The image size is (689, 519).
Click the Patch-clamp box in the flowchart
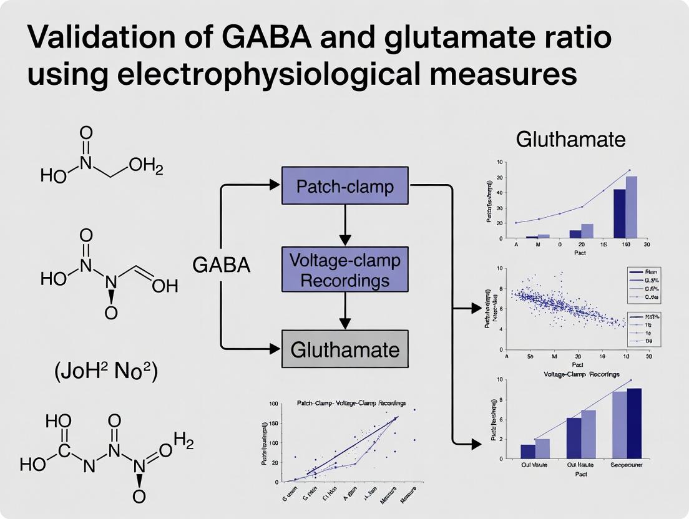tap(345, 186)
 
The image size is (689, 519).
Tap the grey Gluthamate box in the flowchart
tap(345, 349)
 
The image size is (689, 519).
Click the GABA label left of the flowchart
tap(221, 266)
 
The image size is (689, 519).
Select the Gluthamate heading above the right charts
tap(570, 140)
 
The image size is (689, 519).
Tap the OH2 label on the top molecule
tap(145, 167)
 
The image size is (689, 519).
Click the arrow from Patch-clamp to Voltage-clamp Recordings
tap(345, 225)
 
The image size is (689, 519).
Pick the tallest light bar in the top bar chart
tap(632, 207)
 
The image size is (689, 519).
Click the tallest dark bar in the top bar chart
tap(620, 213)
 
